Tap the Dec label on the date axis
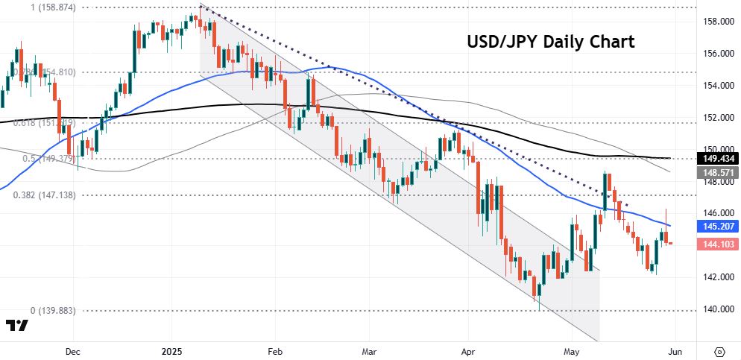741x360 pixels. pyautogui.click(x=72, y=349)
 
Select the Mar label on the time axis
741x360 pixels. pyautogui.click(x=370, y=349)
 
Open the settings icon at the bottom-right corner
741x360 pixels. pyautogui.click(x=719, y=350)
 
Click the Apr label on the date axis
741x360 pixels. pyautogui.click(x=468, y=349)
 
